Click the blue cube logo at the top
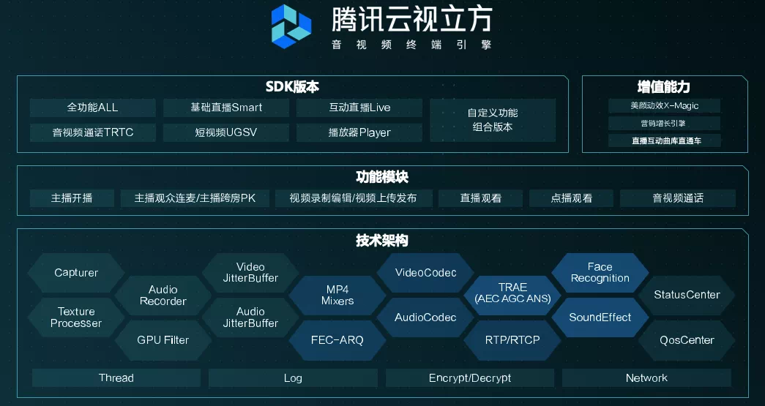pyautogui.click(x=291, y=26)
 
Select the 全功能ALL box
pyautogui.click(x=92, y=108)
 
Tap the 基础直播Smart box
pyautogui.click(x=226, y=108)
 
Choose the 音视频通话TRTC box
pyautogui.click(x=92, y=132)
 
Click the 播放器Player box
pyautogui.click(x=359, y=132)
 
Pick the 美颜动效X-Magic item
pyautogui.click(x=665, y=105)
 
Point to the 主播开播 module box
pyautogui.click(x=72, y=198)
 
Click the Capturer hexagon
pyautogui.click(x=76, y=273)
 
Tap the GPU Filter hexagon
pyautogui.click(x=163, y=340)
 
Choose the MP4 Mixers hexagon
pyautogui.click(x=337, y=295)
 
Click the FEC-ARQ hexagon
pyautogui.click(x=337, y=340)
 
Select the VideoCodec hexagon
pyautogui.click(x=425, y=273)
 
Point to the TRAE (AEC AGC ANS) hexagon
pyautogui.click(x=512, y=293)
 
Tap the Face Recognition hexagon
pyautogui.click(x=600, y=272)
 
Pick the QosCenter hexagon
pyautogui.click(x=687, y=340)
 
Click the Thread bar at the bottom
pyautogui.click(x=116, y=378)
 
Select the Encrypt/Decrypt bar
pyautogui.click(x=470, y=378)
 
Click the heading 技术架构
pyautogui.click(x=382, y=241)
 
